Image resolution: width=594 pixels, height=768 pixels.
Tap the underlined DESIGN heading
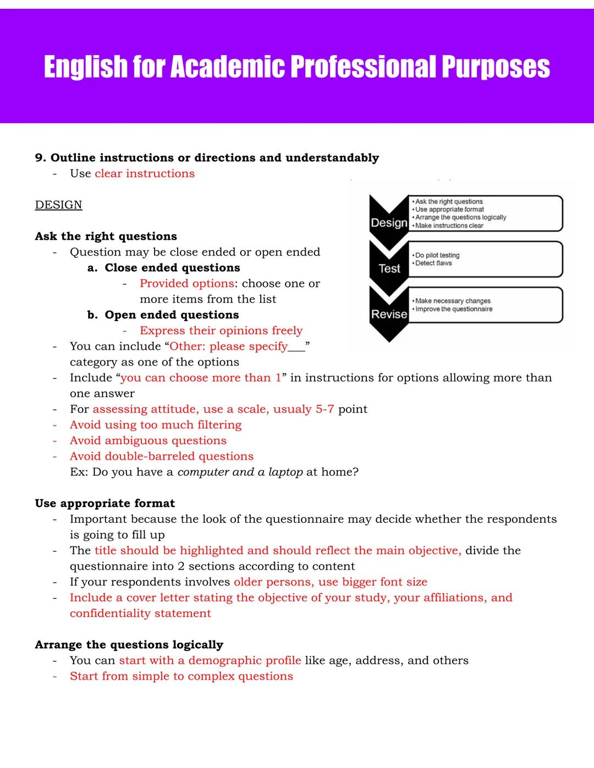tap(58, 205)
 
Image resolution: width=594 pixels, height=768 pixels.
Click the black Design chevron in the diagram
tap(389, 222)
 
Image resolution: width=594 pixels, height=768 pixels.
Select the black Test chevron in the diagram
tap(389, 268)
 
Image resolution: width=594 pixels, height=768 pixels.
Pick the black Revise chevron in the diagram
tap(389, 314)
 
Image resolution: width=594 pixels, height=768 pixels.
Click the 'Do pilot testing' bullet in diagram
tap(437, 255)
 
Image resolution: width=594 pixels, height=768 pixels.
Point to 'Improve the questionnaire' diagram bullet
tap(454, 309)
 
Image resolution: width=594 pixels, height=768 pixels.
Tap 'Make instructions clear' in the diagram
tap(449, 225)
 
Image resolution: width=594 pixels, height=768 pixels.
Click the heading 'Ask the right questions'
tap(106, 236)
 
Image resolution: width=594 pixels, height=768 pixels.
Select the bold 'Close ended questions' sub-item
tap(172, 268)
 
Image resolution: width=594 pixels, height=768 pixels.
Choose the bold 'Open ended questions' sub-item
tap(172, 315)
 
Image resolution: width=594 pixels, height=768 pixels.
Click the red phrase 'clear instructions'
tap(145, 174)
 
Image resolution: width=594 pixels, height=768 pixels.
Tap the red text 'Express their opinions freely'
tap(221, 330)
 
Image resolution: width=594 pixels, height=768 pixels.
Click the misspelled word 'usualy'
tap(292, 409)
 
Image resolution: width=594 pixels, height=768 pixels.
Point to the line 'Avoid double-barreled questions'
tap(162, 456)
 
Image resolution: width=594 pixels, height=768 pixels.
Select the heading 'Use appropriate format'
tap(105, 504)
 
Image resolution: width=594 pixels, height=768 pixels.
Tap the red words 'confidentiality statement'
tap(140, 614)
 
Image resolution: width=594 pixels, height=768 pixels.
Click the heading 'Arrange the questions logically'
tap(129, 645)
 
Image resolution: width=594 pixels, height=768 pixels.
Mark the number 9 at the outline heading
tap(40, 158)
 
